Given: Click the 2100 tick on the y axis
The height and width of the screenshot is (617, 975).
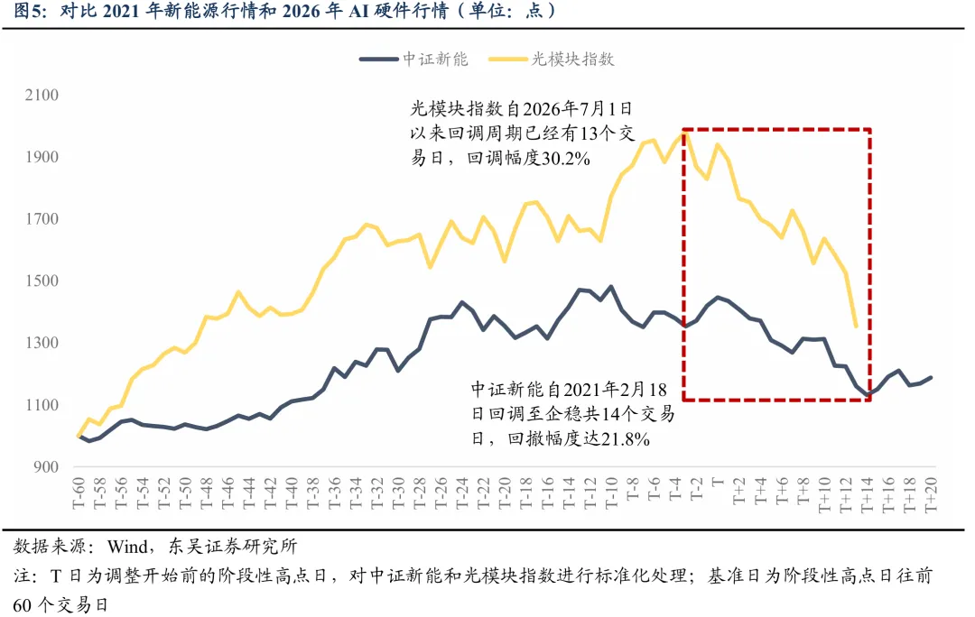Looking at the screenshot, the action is click(x=42, y=95).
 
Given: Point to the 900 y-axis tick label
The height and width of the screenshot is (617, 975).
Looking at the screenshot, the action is click(x=46, y=466).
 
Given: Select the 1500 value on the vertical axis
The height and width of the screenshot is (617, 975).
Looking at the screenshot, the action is click(x=42, y=281).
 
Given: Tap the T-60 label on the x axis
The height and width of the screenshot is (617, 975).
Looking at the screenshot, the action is click(x=79, y=493).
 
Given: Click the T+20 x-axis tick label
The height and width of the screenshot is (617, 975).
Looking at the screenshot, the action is click(x=931, y=494).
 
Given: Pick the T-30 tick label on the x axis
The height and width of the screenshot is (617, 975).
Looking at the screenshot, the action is click(x=398, y=493).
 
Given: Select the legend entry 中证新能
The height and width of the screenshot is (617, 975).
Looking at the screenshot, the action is click(x=435, y=59).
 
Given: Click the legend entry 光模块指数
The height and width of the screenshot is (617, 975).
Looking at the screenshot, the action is click(x=572, y=59).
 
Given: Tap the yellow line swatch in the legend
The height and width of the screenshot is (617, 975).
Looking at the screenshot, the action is click(x=507, y=60).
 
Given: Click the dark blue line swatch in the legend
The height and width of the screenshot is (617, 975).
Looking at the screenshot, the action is click(x=378, y=60).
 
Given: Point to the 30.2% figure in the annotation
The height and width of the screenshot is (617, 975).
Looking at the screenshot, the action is click(x=565, y=159).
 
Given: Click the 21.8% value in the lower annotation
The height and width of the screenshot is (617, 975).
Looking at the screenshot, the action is click(x=625, y=439).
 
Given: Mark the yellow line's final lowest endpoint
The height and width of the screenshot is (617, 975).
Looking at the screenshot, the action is click(x=856, y=326).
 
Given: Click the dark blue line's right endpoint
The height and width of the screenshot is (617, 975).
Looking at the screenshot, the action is click(x=931, y=377).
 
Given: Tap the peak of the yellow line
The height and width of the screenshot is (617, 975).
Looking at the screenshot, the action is click(x=684, y=133).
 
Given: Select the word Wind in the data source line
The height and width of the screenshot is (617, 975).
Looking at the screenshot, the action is click(x=127, y=546).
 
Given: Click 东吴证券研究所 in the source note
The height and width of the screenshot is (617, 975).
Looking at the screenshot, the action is click(x=233, y=546).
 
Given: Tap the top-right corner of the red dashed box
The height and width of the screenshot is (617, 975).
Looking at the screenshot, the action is click(x=870, y=129).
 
